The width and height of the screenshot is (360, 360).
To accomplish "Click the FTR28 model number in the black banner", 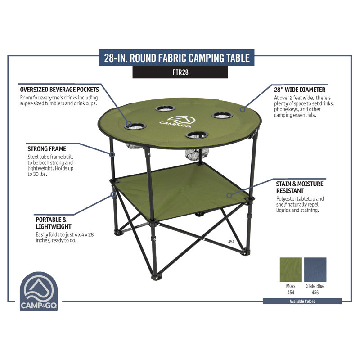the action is coord(180,72).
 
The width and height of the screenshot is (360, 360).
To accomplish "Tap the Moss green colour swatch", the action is coord(291,270).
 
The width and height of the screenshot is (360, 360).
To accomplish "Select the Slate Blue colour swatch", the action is coord(315,270).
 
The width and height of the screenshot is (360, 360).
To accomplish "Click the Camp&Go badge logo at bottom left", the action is coord(39,291).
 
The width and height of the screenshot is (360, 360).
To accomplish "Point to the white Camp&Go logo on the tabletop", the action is coord(177,122).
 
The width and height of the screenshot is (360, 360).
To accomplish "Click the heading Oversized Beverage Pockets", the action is coord(59,90).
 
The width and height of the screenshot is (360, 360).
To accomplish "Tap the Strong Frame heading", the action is coord(47,149).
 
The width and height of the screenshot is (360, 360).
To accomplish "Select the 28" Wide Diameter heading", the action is coord(300,90).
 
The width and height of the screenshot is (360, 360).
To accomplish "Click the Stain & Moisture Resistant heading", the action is coord(300,187).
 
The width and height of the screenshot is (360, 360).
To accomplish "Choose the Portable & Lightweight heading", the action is coord(54,223).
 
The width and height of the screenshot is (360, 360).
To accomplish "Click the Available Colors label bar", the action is coord(302,301).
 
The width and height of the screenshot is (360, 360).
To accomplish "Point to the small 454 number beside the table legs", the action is coord(231,242).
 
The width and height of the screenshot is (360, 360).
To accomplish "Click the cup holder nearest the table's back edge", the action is coord(165,108).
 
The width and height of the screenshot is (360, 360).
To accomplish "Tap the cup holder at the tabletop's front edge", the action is coord(197,135).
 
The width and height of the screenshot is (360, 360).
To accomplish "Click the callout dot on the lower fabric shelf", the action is coord(229,195).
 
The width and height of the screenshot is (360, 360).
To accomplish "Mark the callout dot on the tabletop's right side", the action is coord(243,109).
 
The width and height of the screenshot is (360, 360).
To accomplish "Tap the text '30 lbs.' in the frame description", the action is coord(40,174).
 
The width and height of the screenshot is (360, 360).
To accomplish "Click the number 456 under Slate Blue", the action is coord(315,292).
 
